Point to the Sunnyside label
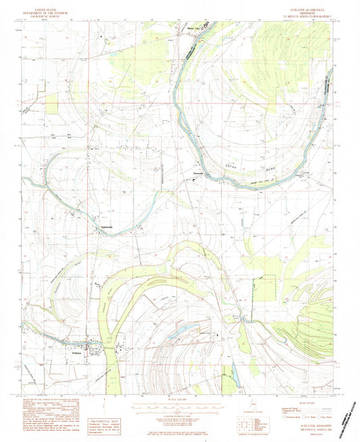193,174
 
